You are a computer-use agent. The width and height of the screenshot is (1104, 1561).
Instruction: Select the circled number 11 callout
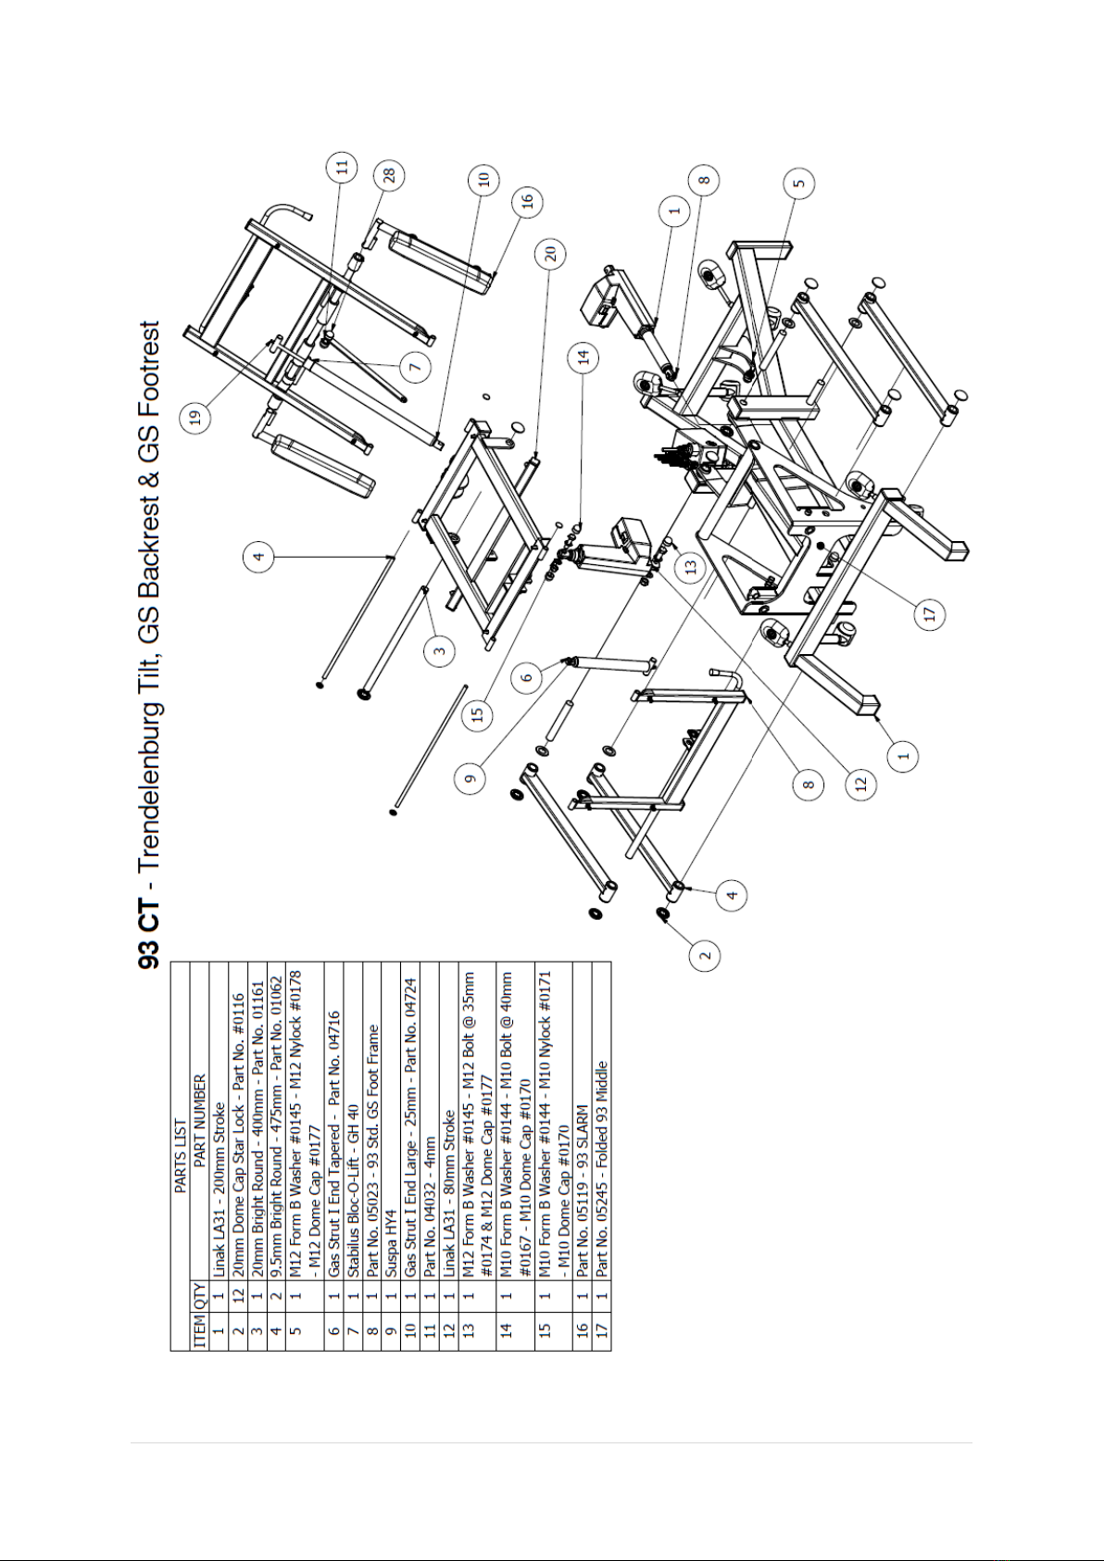coord(342,168)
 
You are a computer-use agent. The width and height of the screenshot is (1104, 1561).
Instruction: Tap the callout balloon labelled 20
coord(551,255)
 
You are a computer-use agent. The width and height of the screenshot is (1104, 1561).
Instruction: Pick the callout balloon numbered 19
coord(195,418)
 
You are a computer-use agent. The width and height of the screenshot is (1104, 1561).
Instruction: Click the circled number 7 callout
coord(415,367)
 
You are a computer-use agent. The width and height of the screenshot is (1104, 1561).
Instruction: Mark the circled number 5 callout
coord(800,183)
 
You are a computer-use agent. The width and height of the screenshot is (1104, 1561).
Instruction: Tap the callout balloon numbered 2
coord(705,955)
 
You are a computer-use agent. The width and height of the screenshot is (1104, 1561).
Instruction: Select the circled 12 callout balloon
coord(861,784)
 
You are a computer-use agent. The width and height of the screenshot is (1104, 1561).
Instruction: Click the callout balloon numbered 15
coord(478,716)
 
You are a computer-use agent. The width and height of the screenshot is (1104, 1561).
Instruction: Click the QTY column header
coord(200,1295)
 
